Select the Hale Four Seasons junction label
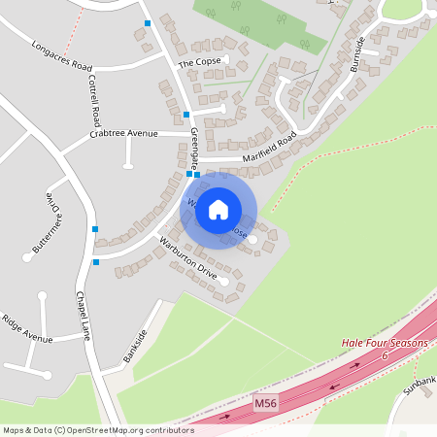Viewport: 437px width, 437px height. click(384, 344)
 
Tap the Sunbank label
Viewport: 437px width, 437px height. click(421, 384)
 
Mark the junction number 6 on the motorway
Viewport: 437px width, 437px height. click(385, 356)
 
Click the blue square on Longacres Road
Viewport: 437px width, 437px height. click(148, 22)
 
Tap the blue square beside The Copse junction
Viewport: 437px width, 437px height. click(186, 115)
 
